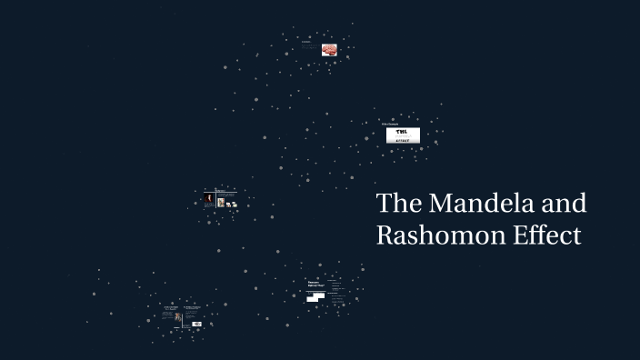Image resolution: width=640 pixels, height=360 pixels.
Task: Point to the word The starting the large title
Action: point(396,204)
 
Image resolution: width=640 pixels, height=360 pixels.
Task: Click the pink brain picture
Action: point(330,50)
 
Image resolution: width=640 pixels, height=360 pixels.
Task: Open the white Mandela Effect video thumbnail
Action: point(403,135)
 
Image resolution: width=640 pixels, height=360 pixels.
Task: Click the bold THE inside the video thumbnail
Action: point(400,132)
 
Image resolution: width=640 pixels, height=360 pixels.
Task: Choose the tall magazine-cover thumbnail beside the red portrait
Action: point(221,202)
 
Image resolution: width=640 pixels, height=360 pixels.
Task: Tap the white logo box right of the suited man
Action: point(196,324)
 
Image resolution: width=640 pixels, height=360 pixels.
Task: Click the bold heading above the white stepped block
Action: point(315,285)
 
